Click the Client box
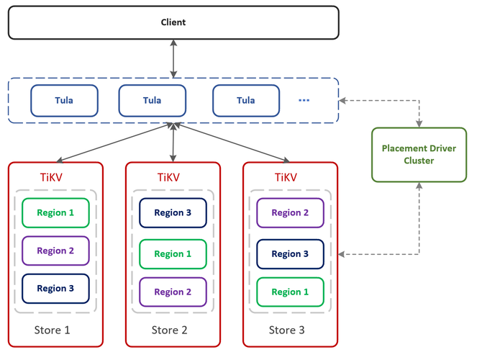tap(173, 22)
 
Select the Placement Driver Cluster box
tap(419, 155)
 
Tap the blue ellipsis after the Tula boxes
tap(304, 100)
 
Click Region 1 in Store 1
tap(55, 213)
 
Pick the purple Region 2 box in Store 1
tap(55, 251)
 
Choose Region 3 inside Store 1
tap(55, 289)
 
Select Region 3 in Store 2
tap(173, 213)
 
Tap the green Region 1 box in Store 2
tap(173, 254)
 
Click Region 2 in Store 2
tap(173, 292)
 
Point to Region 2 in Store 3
tap(290, 213)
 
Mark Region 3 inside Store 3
tap(290, 254)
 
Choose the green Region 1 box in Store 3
tap(290, 292)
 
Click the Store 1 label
tap(53, 330)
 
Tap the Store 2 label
tap(169, 330)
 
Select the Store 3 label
tap(287, 330)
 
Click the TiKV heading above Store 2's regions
tap(168, 178)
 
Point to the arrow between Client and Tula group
tap(173, 58)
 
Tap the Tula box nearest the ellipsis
tap(246, 101)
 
